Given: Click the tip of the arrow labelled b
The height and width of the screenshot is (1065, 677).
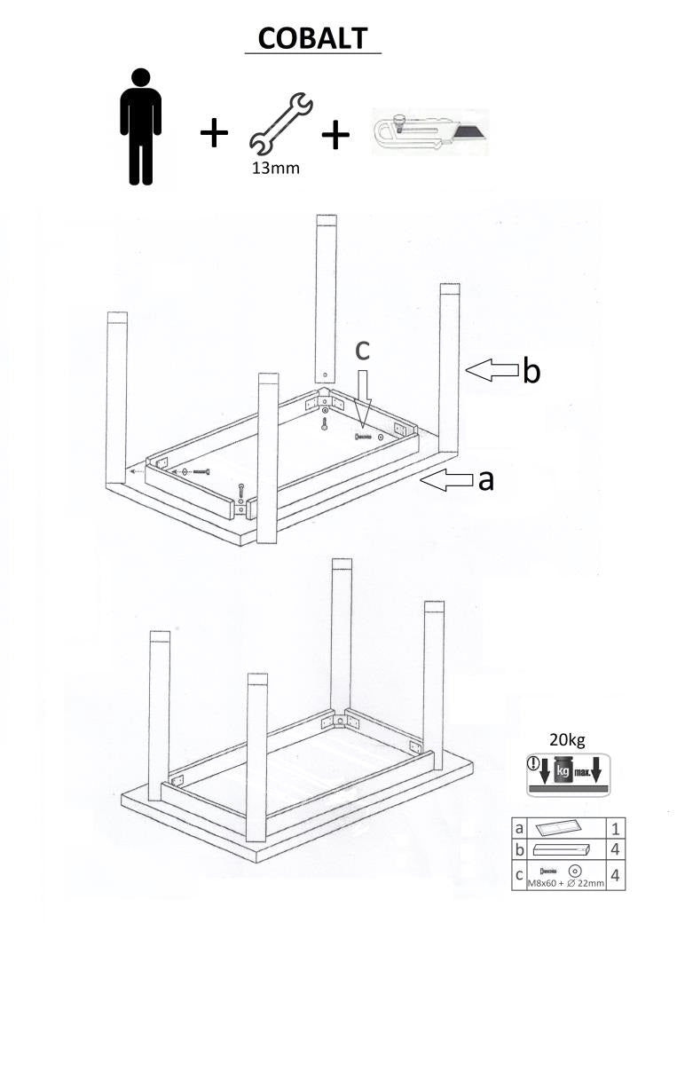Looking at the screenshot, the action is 466,369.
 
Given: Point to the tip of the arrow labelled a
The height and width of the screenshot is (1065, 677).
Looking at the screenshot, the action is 421,480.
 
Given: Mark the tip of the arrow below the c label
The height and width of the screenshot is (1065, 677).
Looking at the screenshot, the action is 362,427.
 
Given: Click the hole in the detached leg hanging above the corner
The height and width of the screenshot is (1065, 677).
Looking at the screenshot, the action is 325,375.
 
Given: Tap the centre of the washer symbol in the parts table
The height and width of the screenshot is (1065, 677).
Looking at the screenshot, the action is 576,871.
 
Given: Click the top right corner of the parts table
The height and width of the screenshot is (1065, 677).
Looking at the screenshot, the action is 626,817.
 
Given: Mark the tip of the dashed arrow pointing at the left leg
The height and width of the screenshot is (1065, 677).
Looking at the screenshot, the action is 129,471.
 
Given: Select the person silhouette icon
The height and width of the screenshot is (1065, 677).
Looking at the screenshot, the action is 141,127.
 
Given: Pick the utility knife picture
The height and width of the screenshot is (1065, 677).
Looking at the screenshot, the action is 430,131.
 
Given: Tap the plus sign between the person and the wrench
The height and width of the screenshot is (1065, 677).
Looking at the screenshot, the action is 214,132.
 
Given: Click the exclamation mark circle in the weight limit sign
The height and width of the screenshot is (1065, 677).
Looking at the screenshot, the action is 532,764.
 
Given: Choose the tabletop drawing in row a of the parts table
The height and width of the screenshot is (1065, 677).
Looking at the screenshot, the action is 560,829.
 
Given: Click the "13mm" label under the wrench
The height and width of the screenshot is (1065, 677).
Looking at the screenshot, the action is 276,168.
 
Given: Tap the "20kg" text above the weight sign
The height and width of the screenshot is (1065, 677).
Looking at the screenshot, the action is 567,740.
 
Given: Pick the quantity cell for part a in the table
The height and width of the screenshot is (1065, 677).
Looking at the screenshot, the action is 616,829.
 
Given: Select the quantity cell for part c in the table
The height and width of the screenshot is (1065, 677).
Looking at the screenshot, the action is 616,875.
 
